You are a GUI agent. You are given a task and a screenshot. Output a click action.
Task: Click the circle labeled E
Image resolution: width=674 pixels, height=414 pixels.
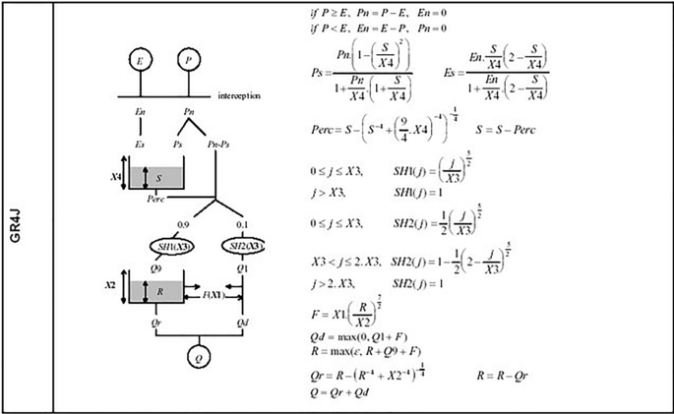point(142,62)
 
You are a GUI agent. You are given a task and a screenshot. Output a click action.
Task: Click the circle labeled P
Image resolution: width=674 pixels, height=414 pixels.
point(188,62)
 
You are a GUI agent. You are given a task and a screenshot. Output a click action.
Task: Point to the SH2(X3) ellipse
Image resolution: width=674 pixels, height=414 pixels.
point(242,244)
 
